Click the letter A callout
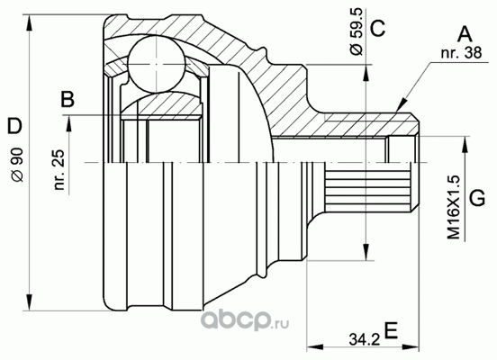[465, 34]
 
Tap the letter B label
[68, 99]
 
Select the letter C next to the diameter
[377, 28]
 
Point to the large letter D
[14, 126]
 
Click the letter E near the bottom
[391, 330]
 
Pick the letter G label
[477, 198]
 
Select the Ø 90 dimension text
[17, 165]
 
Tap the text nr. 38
[461, 53]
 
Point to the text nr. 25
[59, 169]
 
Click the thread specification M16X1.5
[454, 208]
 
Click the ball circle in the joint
[157, 64]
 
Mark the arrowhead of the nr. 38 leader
[402, 104]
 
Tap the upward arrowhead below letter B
[68, 123]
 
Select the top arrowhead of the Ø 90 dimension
[29, 22]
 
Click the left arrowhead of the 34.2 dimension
[315, 346]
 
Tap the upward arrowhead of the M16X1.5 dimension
[465, 145]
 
